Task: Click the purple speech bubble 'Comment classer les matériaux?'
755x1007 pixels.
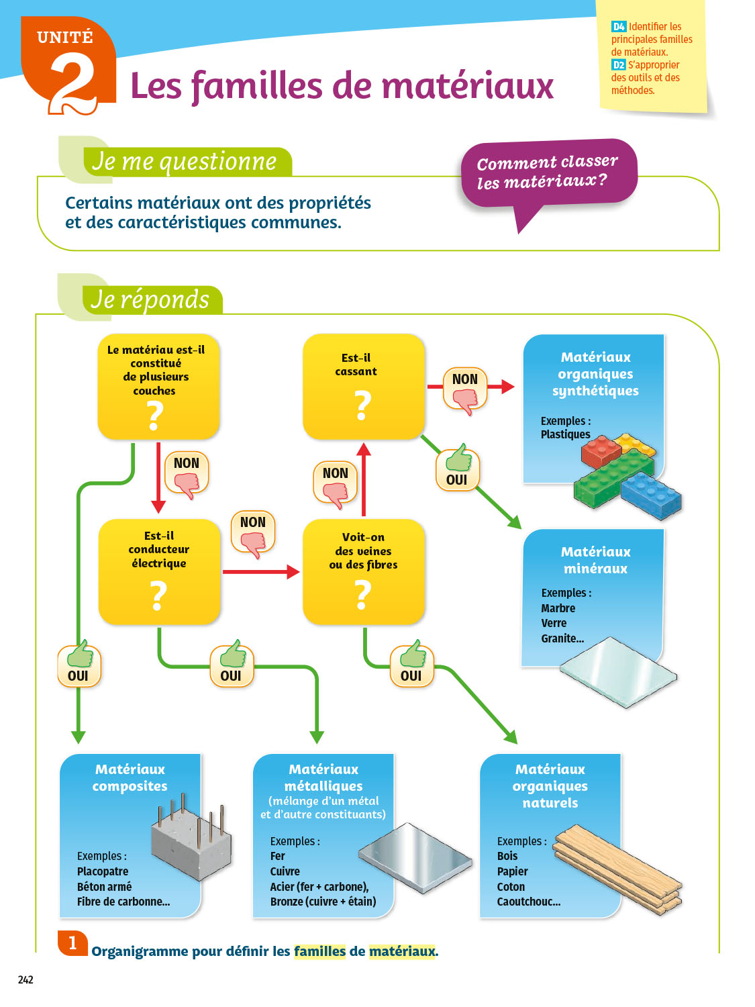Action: tap(548, 173)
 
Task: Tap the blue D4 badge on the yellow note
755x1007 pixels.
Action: tap(618, 27)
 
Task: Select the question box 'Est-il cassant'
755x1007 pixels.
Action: tap(363, 386)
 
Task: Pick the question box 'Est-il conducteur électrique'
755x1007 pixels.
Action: tap(159, 571)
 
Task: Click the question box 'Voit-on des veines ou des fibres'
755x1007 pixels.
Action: tap(363, 571)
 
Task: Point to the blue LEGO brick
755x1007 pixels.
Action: tap(651, 495)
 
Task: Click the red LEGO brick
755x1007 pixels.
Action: tap(601, 452)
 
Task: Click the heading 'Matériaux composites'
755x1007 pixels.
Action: tap(130, 777)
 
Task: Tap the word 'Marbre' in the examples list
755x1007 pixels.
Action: tap(558, 608)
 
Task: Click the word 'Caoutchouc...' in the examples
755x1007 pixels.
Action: tap(529, 902)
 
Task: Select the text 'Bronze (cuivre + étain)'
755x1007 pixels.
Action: tap(323, 902)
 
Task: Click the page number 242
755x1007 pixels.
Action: tap(26, 979)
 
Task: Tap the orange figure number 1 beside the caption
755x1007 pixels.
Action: tap(72, 943)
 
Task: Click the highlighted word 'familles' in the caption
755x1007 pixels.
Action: tap(319, 951)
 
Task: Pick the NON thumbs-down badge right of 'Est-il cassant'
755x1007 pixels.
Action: tap(465, 389)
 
